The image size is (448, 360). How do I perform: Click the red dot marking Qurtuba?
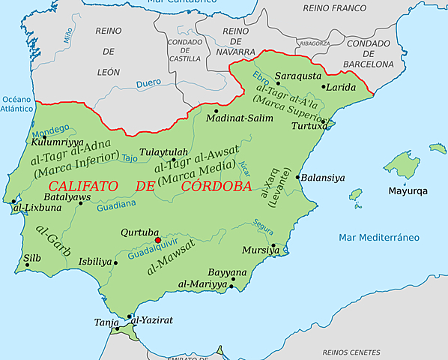coord(157,240)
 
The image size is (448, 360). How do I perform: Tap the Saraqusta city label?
coord(297,75)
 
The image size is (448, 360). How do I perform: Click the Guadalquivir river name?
coord(154,250)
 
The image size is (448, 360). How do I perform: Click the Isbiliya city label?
coord(95,262)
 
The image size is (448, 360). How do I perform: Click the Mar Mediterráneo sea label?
coord(377,238)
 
